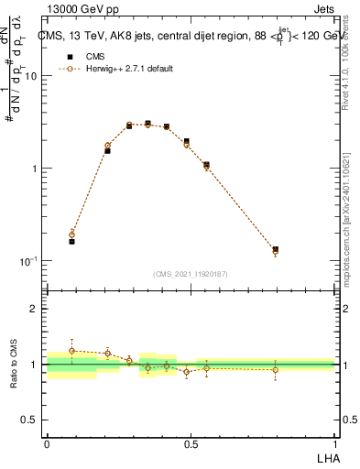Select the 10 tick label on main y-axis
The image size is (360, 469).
[x=30, y=77]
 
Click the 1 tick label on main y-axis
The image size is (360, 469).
[x=34, y=169]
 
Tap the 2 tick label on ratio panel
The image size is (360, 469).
[x=34, y=309]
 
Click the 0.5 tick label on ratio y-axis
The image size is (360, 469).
[x=29, y=420]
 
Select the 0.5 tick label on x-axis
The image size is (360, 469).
[x=191, y=443]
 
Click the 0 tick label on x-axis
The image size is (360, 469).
[x=47, y=443]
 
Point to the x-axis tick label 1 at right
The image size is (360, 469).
[x=335, y=443]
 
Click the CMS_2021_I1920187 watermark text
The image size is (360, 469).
[x=191, y=274]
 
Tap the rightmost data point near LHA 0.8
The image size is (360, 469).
[x=275, y=249]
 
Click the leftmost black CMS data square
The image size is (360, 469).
[x=71, y=241]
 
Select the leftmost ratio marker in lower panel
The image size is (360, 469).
[x=71, y=351]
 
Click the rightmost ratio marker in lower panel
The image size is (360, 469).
[x=275, y=370]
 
